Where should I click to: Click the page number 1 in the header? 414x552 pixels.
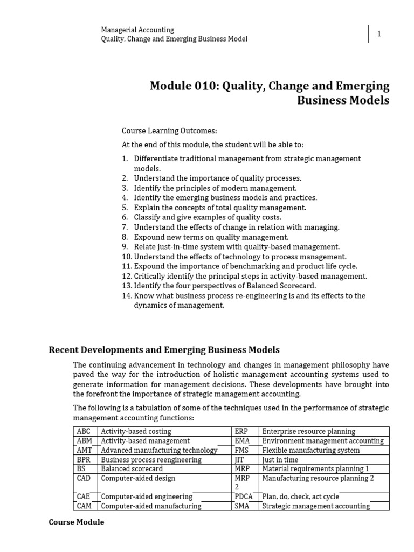point(379,34)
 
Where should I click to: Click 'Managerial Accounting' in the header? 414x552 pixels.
point(137,30)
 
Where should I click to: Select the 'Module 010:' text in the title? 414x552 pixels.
point(181,86)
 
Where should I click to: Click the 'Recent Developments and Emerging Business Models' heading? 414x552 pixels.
point(164,350)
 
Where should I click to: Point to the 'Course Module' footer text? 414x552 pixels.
point(76,522)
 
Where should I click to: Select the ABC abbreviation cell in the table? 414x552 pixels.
point(84,431)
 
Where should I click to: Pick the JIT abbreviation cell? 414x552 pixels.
point(239,459)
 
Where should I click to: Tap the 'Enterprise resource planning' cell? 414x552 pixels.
point(308,431)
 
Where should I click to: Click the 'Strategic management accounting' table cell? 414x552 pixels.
point(316,506)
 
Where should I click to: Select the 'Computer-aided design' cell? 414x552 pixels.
point(138,478)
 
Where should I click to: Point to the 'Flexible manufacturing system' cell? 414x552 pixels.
point(310,450)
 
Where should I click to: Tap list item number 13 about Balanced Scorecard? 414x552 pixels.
point(225,285)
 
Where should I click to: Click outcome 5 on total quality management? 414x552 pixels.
point(220,208)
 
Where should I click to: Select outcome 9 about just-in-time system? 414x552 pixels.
point(237,246)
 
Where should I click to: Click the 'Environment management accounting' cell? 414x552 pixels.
point(322,440)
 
